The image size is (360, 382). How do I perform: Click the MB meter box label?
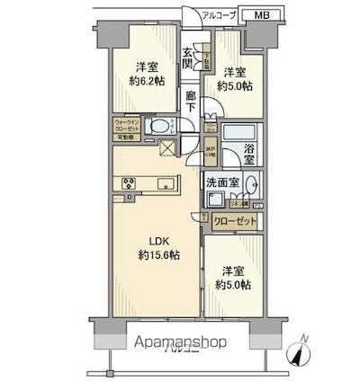[x=259, y=15]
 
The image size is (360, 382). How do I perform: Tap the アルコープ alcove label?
[x=221, y=15]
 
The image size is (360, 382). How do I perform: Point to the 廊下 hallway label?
[x=190, y=101]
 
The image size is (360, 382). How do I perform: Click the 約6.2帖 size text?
[x=147, y=81]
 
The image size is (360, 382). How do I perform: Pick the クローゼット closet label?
[x=235, y=221]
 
